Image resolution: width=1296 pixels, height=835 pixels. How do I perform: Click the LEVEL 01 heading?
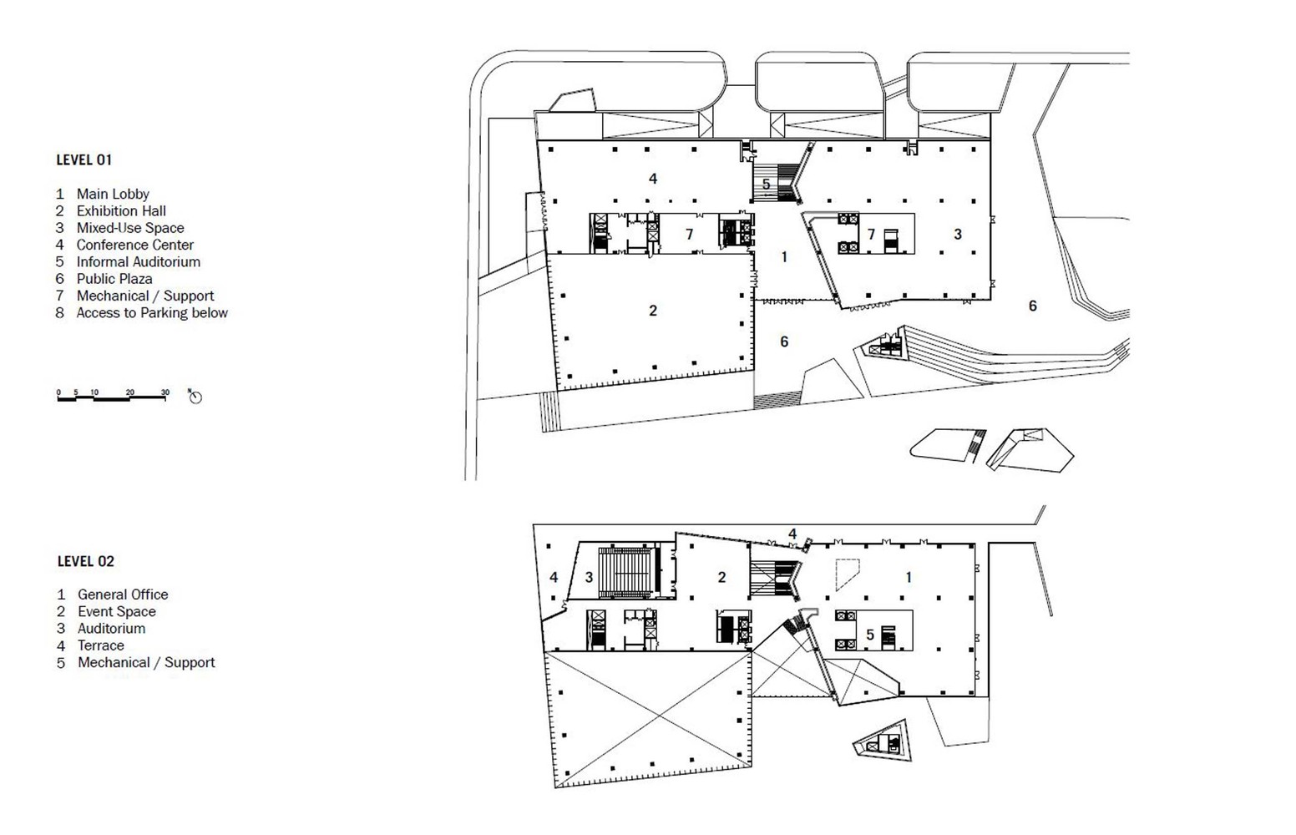[84, 159]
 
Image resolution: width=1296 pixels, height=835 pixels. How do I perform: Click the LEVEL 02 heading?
[85, 561]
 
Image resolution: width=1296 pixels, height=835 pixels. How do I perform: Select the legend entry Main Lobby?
[113, 194]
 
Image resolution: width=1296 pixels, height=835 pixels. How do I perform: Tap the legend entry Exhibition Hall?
[121, 211]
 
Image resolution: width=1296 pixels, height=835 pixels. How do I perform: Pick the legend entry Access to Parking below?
[151, 313]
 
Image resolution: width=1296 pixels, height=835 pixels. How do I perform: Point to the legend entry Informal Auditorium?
[138, 262]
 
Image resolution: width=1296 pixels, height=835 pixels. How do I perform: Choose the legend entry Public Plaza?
[114, 279]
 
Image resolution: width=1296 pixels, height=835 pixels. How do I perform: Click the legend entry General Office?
[123, 595]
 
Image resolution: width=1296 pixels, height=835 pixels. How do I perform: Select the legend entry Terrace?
[100, 645]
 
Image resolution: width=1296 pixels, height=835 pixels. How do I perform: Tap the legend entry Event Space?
[116, 611]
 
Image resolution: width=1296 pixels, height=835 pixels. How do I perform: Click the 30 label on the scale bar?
[165, 392]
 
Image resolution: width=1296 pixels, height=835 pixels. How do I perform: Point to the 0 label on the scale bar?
[58, 392]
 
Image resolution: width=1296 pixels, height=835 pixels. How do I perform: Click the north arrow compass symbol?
[195, 397]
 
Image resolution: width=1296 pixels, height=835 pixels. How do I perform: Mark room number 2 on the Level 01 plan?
[653, 311]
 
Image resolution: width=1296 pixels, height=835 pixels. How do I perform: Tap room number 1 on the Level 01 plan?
[784, 257]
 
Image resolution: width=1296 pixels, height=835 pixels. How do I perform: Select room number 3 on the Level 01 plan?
[958, 235]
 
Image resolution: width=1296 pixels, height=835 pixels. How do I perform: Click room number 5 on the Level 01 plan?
[766, 185]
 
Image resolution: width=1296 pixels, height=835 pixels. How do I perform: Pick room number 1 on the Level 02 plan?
[909, 577]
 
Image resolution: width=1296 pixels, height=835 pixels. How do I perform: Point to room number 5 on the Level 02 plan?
[869, 635]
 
